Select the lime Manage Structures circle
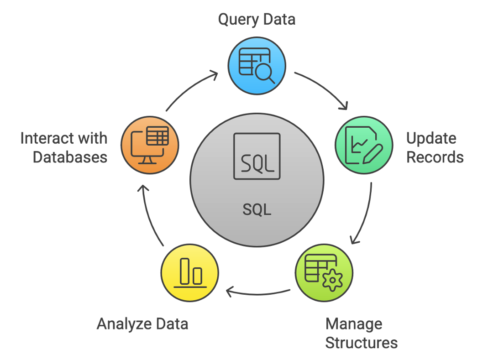(324, 273)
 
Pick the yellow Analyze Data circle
(190, 273)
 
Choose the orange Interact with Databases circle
(150, 145)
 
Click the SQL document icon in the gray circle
(257, 156)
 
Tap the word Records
(435, 157)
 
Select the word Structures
(361, 342)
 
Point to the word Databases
(70, 157)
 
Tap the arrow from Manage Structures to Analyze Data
(258, 291)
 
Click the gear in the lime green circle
(332, 280)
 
